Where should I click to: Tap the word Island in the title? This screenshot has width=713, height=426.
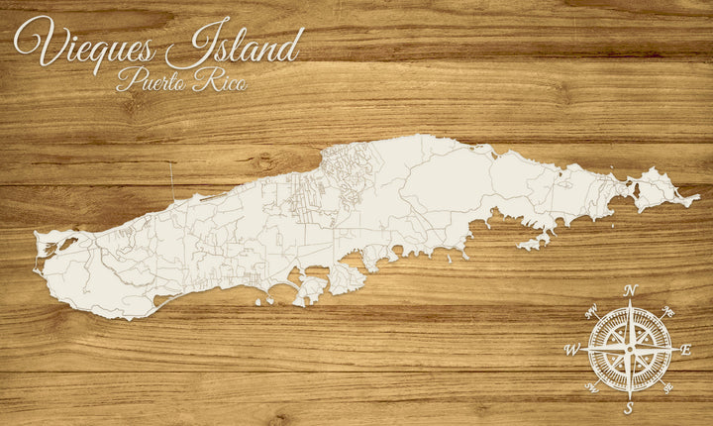[235, 46]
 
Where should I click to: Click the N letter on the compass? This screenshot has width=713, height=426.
[631, 290]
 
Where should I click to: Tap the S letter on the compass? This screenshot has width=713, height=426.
[629, 407]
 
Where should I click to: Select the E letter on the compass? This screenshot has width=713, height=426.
[686, 350]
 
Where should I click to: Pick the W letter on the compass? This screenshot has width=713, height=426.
[571, 350]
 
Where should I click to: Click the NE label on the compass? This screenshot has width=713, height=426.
[668, 312]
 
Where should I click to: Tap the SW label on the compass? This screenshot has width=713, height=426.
[592, 386]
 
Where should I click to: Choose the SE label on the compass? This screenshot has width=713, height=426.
[667, 387]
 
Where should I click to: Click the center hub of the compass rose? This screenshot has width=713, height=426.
[630, 350]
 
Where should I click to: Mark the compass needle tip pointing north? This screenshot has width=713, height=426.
[630, 300]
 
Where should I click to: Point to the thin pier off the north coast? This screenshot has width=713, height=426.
[171, 178]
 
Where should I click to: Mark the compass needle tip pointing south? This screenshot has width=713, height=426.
[630, 398]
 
